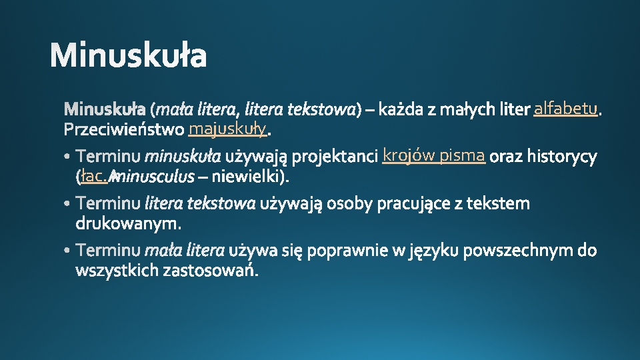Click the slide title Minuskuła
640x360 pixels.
(x=128, y=56)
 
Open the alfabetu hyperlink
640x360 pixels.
(x=565, y=108)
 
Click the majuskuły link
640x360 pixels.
(x=227, y=127)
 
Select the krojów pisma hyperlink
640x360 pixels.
(x=433, y=155)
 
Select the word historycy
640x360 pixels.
(x=562, y=157)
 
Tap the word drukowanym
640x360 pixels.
(x=129, y=221)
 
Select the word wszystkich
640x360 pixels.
(x=117, y=270)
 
